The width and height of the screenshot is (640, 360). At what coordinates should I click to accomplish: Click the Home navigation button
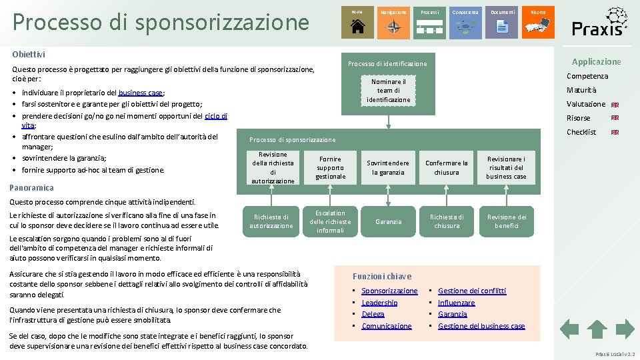click(357, 22)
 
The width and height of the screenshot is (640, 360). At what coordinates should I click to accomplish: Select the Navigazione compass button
click(393, 22)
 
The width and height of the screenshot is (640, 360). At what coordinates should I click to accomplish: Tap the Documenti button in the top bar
click(501, 22)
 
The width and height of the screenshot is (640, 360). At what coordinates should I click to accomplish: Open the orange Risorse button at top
click(537, 22)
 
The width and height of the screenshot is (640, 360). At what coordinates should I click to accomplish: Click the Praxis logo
click(599, 22)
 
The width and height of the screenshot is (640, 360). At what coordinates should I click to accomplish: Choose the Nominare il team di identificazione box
click(388, 91)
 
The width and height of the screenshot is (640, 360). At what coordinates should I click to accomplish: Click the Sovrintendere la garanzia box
click(388, 167)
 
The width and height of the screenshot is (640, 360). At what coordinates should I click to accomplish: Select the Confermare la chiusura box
click(446, 167)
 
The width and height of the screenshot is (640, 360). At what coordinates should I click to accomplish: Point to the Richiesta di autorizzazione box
click(271, 221)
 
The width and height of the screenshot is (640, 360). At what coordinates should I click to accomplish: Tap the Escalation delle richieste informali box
click(330, 221)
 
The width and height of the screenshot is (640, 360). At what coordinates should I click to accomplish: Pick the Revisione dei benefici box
click(506, 221)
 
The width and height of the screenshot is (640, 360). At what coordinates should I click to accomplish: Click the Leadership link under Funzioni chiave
click(379, 303)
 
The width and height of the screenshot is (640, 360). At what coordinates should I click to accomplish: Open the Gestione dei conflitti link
click(471, 291)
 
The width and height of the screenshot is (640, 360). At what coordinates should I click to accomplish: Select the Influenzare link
click(456, 303)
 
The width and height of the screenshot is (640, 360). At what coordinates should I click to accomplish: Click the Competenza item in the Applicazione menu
click(587, 76)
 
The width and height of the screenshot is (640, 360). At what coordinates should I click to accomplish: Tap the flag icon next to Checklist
click(615, 132)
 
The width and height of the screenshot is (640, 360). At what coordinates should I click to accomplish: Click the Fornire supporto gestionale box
click(330, 167)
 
